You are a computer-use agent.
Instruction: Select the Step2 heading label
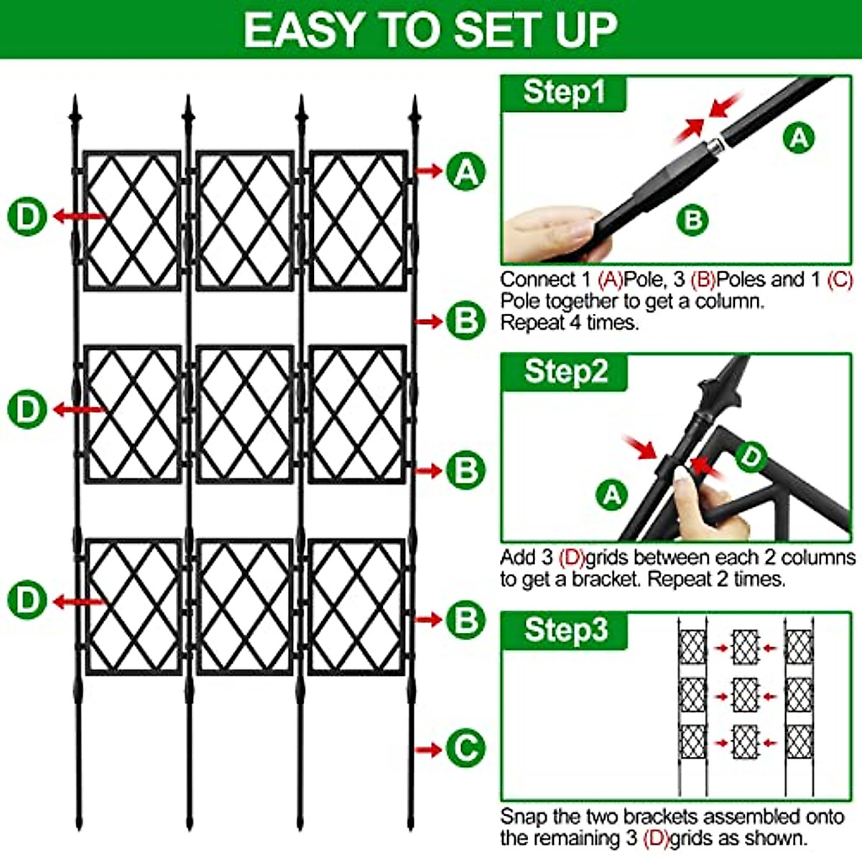pos(565,371)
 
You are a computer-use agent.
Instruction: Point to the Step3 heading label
pos(565,630)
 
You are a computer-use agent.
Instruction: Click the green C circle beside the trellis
pos(465,749)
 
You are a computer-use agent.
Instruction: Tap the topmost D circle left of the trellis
pos(27,215)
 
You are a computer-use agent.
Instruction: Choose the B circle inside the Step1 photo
pos(692,219)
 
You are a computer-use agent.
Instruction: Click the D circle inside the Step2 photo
pos(751,456)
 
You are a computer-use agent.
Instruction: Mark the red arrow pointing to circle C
pos(429,749)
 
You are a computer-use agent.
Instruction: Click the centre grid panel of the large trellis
pos(244,414)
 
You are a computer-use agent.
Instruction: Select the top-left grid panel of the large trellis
pos(132,220)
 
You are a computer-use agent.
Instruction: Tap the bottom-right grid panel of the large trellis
pos(357,608)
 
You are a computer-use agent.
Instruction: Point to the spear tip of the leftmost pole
pos(74,109)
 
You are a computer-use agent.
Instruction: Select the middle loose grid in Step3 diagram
pos(745,695)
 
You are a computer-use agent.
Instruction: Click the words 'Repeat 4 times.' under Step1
pos(569,323)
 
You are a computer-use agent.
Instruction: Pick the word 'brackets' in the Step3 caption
pos(660,817)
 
